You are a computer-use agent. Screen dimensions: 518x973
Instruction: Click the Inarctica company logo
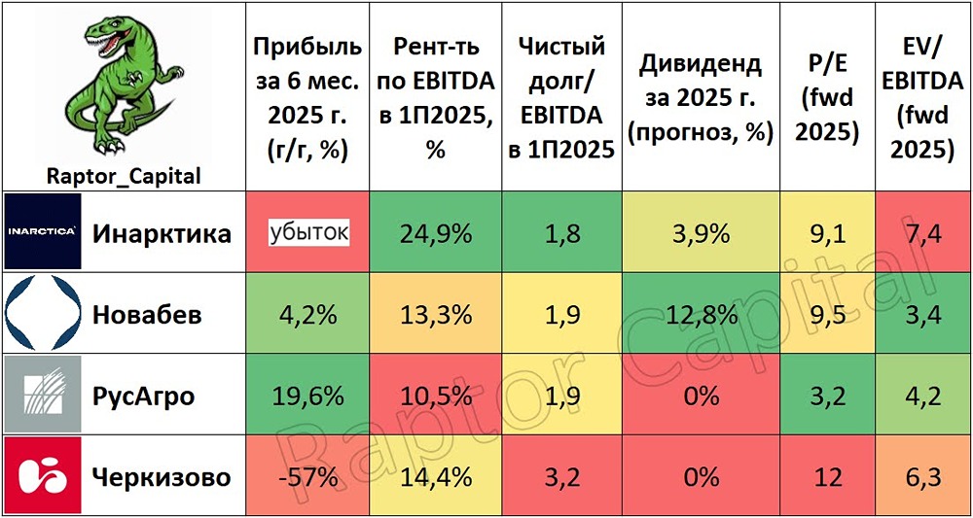[44, 232]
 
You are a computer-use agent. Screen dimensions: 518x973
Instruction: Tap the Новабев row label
[162, 314]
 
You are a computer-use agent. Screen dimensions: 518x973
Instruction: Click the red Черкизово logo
[44, 476]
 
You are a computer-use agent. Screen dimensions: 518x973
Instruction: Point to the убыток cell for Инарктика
[308, 233]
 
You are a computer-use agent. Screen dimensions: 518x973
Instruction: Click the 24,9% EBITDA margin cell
[435, 233]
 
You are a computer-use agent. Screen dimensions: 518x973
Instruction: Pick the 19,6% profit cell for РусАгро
[308, 396]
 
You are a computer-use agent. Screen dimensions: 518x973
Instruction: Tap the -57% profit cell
[308, 477]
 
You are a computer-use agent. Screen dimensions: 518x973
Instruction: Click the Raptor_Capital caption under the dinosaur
[123, 176]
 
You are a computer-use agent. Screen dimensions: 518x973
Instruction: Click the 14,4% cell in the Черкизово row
[435, 477]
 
